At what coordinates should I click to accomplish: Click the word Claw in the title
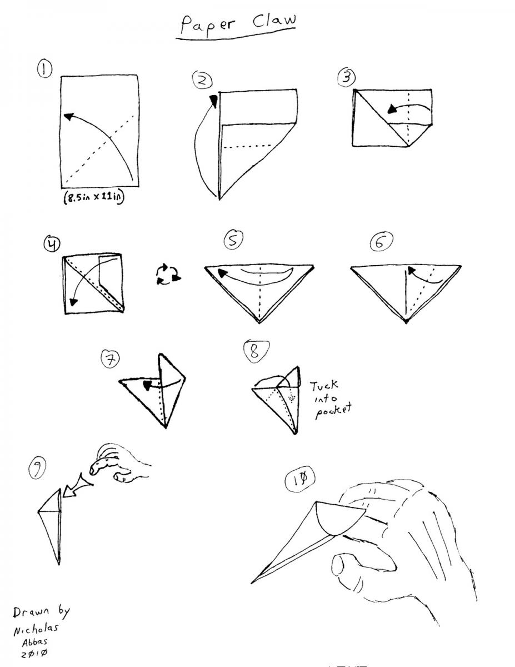click(x=274, y=21)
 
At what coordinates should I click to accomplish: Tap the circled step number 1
click(x=44, y=69)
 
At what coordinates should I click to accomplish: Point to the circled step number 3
click(x=346, y=77)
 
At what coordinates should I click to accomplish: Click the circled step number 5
click(x=233, y=239)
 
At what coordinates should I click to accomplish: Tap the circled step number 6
click(x=381, y=242)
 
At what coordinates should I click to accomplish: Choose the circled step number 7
click(x=110, y=359)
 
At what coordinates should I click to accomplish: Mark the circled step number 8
click(x=256, y=351)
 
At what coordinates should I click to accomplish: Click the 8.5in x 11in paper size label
click(x=94, y=197)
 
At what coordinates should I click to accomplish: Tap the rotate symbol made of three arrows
click(x=168, y=273)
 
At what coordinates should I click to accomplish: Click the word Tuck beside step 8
click(x=324, y=385)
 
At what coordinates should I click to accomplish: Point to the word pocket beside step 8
click(x=333, y=411)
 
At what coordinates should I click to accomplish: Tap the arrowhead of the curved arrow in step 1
click(x=69, y=117)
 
